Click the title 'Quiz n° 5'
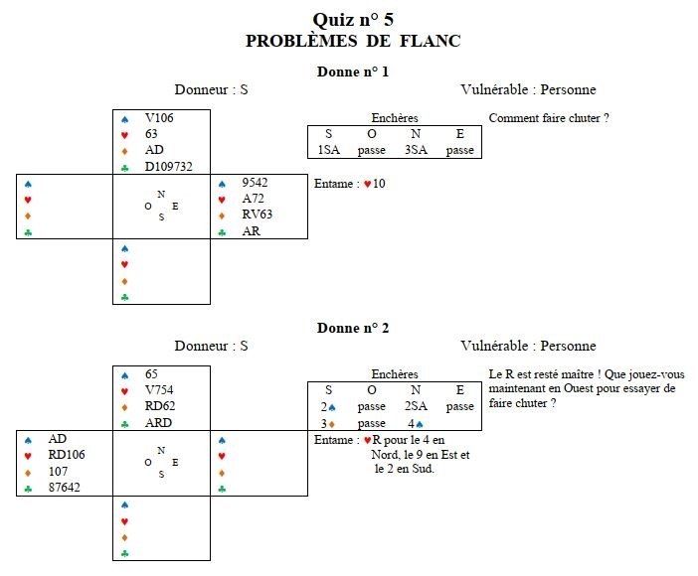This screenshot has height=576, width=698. pyautogui.click(x=352, y=20)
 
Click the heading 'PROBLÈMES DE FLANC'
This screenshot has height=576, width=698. pyautogui.click(x=352, y=41)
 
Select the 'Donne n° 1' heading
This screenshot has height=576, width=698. pyautogui.click(x=352, y=72)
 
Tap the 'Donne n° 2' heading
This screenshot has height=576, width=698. pyautogui.click(x=352, y=328)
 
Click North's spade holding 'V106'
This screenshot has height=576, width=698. pyautogui.click(x=159, y=118)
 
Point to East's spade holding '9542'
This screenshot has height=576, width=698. pyautogui.click(x=256, y=183)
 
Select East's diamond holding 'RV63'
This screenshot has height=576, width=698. pyautogui.click(x=256, y=215)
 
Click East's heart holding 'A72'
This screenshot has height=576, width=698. pyautogui.click(x=253, y=199)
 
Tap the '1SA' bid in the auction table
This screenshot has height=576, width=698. pyautogui.click(x=329, y=150)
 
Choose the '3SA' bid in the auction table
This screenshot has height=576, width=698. pyautogui.click(x=416, y=150)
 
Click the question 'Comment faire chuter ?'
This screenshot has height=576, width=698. pyautogui.click(x=548, y=118)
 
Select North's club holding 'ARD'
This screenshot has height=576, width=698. pyautogui.click(x=156, y=422)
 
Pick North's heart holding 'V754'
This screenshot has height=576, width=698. pyautogui.click(x=159, y=390)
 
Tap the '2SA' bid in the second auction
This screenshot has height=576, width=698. pyautogui.click(x=416, y=406)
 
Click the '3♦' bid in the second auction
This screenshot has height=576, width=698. pyautogui.click(x=329, y=423)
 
